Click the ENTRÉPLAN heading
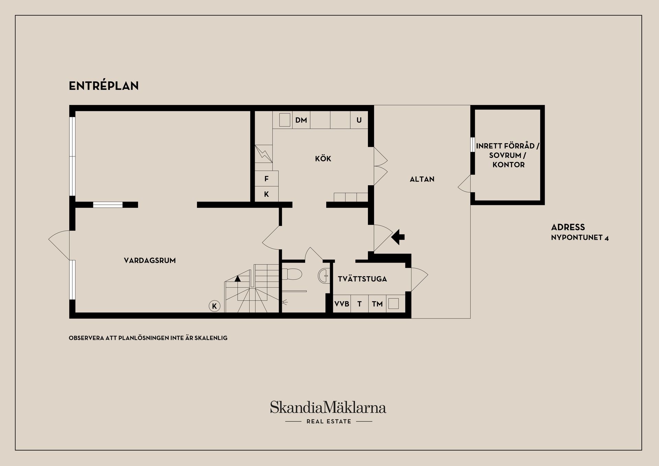pos(104,86)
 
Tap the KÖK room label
pos(323,159)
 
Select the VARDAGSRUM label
pos(150,260)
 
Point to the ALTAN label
pos(422,179)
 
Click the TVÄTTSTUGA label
pos(362,279)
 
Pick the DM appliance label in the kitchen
pos(301,120)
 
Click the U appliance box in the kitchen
pos(359,120)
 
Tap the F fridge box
pos(266,178)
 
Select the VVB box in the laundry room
pos(342,304)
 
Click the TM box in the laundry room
pos(377,304)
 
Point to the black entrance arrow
pos(398,237)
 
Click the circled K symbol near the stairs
pos(215,306)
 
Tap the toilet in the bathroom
pos(292,274)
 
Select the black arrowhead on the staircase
pos(238,278)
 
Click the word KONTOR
pos(509,165)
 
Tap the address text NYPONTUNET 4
pos(580,237)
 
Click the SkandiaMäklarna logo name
pos(328,407)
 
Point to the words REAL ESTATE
pos(329,421)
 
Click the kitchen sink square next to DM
pos(285,120)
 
